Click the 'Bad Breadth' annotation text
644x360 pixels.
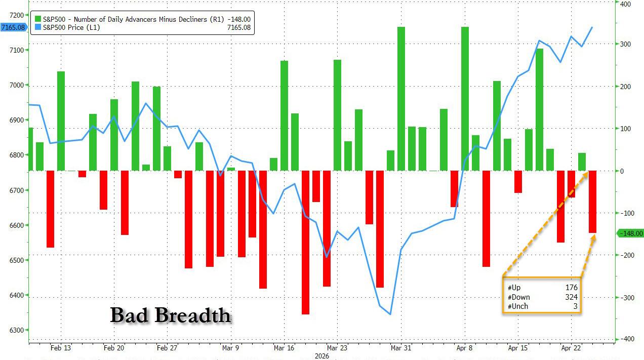pos(171,315)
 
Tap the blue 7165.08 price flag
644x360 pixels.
pos(14,27)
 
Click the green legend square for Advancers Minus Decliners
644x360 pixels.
pos(37,19)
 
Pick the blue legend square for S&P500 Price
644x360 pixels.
pos(37,27)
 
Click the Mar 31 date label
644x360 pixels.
pos(400,348)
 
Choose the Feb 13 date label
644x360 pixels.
pos(61,348)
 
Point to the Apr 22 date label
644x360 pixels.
pos(571,348)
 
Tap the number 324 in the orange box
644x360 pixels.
pos(572,297)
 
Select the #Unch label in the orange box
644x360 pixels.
pos(518,306)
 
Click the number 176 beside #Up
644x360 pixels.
pos(572,288)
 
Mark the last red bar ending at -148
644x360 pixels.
pos(592,202)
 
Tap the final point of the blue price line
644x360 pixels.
pos(592,27)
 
